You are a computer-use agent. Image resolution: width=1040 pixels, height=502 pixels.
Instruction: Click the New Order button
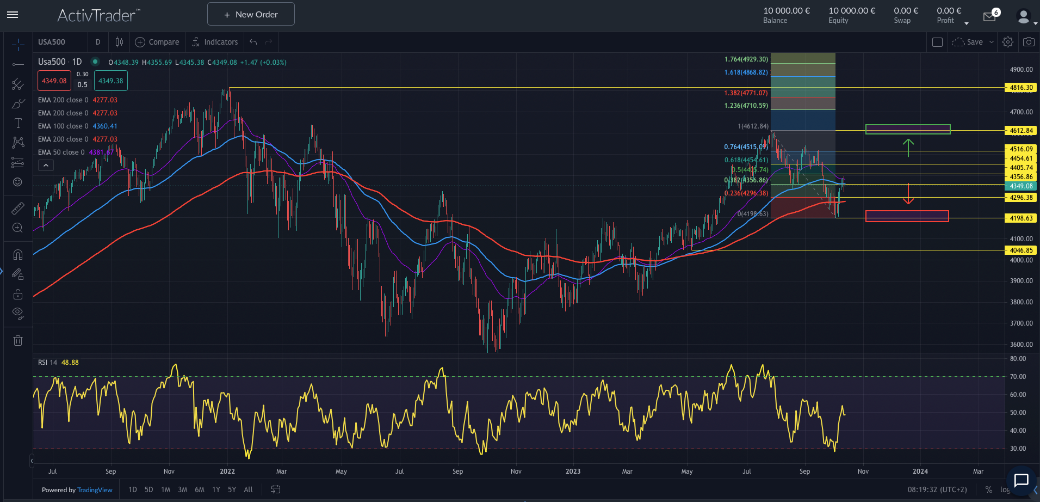pyautogui.click(x=251, y=14)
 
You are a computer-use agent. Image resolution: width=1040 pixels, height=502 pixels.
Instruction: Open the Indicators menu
pyautogui.click(x=215, y=42)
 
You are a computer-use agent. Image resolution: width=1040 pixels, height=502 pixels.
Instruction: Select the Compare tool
pyautogui.click(x=157, y=42)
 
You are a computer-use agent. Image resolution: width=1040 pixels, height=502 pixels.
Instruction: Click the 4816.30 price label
pyautogui.click(x=1020, y=88)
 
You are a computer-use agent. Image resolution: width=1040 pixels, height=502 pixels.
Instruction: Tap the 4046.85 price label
pyautogui.click(x=1020, y=250)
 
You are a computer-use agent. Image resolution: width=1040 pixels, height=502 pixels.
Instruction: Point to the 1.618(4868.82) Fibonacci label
pyautogui.click(x=746, y=72)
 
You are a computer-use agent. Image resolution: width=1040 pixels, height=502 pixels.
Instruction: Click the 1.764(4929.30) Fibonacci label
pyautogui.click(x=746, y=59)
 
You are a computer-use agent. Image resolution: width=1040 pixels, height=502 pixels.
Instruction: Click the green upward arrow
pyautogui.click(x=908, y=147)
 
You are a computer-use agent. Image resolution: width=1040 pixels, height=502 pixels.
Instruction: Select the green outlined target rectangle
pyautogui.click(x=907, y=129)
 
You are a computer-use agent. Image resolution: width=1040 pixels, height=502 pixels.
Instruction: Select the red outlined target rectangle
pyautogui.click(x=907, y=216)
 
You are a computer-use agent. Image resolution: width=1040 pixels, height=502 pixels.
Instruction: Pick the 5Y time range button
pyautogui.click(x=232, y=489)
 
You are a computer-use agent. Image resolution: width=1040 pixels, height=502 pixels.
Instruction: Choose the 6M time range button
pyautogui.click(x=200, y=489)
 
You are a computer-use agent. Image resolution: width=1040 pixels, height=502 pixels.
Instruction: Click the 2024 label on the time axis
pyautogui.click(x=920, y=472)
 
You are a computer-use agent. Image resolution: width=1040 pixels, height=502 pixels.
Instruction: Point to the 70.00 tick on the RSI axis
pyautogui.click(x=1018, y=377)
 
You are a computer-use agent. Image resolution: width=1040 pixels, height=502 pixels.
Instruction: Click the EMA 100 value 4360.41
pyautogui.click(x=105, y=126)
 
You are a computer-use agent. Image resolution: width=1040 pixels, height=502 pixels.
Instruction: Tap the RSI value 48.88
pyautogui.click(x=70, y=363)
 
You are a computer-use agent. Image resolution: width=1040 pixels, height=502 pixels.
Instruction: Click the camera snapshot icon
pyautogui.click(x=1028, y=42)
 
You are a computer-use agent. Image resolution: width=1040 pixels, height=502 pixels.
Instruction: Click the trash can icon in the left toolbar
pyautogui.click(x=18, y=341)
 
